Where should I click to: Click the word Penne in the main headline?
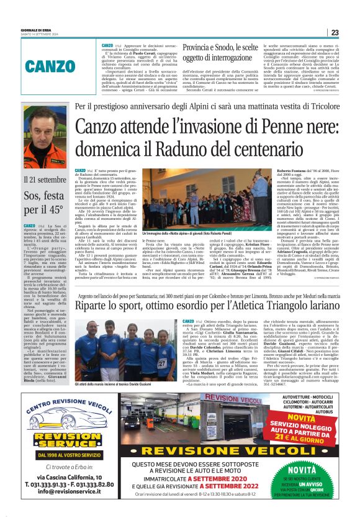238,132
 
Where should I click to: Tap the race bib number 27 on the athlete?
162,362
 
